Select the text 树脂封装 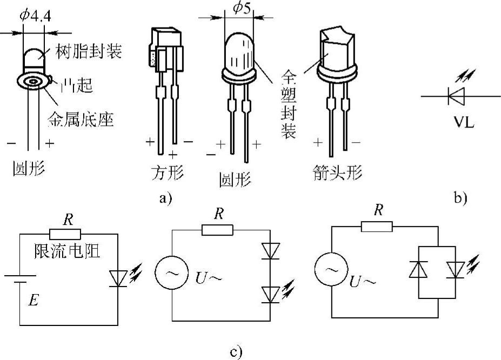88,52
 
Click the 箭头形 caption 337,173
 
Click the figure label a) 165,198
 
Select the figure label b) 460,198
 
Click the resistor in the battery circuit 65,234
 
